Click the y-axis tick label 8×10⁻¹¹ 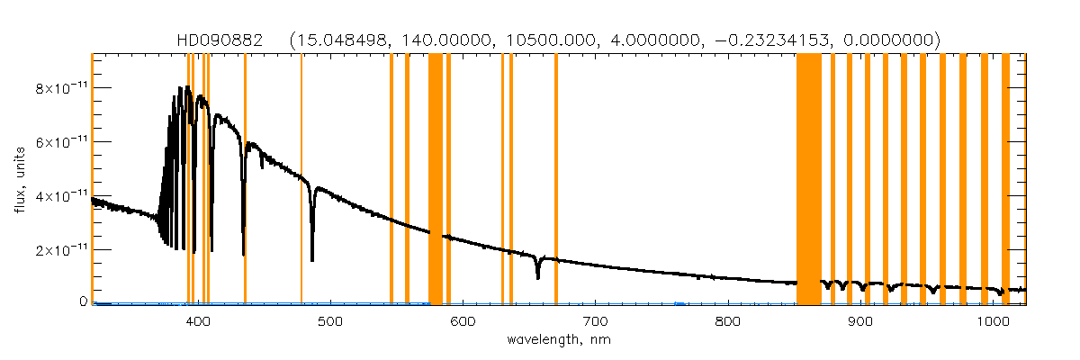click(x=60, y=88)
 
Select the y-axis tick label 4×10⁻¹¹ click(x=60, y=195)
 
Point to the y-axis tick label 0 click(x=82, y=302)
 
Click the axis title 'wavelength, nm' click(x=558, y=341)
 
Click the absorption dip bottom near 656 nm click(x=537, y=277)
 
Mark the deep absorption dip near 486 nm click(x=312, y=258)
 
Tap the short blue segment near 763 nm click(x=679, y=303)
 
